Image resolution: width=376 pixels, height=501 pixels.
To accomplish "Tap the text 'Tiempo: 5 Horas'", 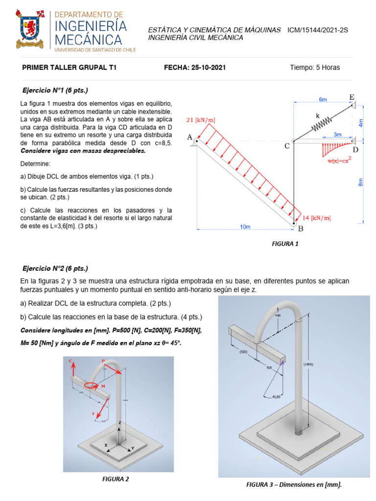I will click(x=314, y=68).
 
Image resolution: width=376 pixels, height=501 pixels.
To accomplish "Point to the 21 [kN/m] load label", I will click(x=201, y=120).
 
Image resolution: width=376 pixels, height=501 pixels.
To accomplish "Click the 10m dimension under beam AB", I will click(x=245, y=227).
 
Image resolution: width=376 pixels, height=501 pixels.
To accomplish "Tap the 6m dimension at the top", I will click(x=323, y=99).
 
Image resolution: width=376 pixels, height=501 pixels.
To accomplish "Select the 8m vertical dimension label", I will click(x=361, y=182).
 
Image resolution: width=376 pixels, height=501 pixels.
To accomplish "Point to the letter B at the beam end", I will click(x=301, y=228).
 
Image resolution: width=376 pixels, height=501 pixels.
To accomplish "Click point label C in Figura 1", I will click(x=287, y=146).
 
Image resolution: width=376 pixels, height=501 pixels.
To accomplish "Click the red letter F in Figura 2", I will click(x=93, y=414).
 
